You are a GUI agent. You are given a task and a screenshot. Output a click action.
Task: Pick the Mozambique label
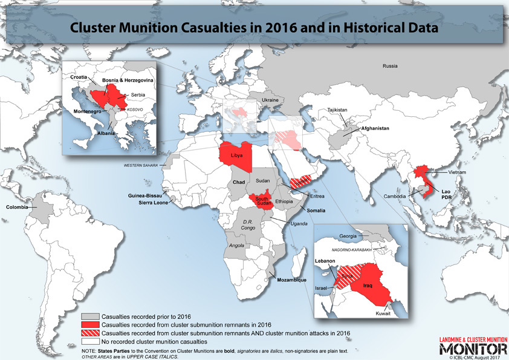click(x=292, y=280)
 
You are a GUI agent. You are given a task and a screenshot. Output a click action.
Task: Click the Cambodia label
click(x=395, y=197)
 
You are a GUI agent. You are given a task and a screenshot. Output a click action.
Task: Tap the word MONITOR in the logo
click(x=473, y=350)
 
